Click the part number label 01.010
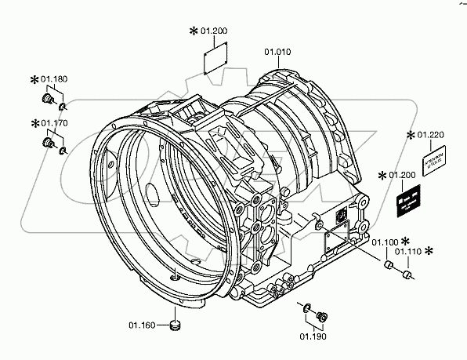click(x=277, y=53)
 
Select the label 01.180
click(x=54, y=79)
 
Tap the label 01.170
click(x=54, y=123)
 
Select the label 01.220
click(x=432, y=135)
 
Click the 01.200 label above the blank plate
click(x=212, y=31)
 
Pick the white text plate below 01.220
click(x=435, y=164)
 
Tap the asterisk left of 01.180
click(x=34, y=79)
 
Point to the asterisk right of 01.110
click(x=429, y=251)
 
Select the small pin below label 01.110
click(x=407, y=275)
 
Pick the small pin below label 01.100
click(x=386, y=267)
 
